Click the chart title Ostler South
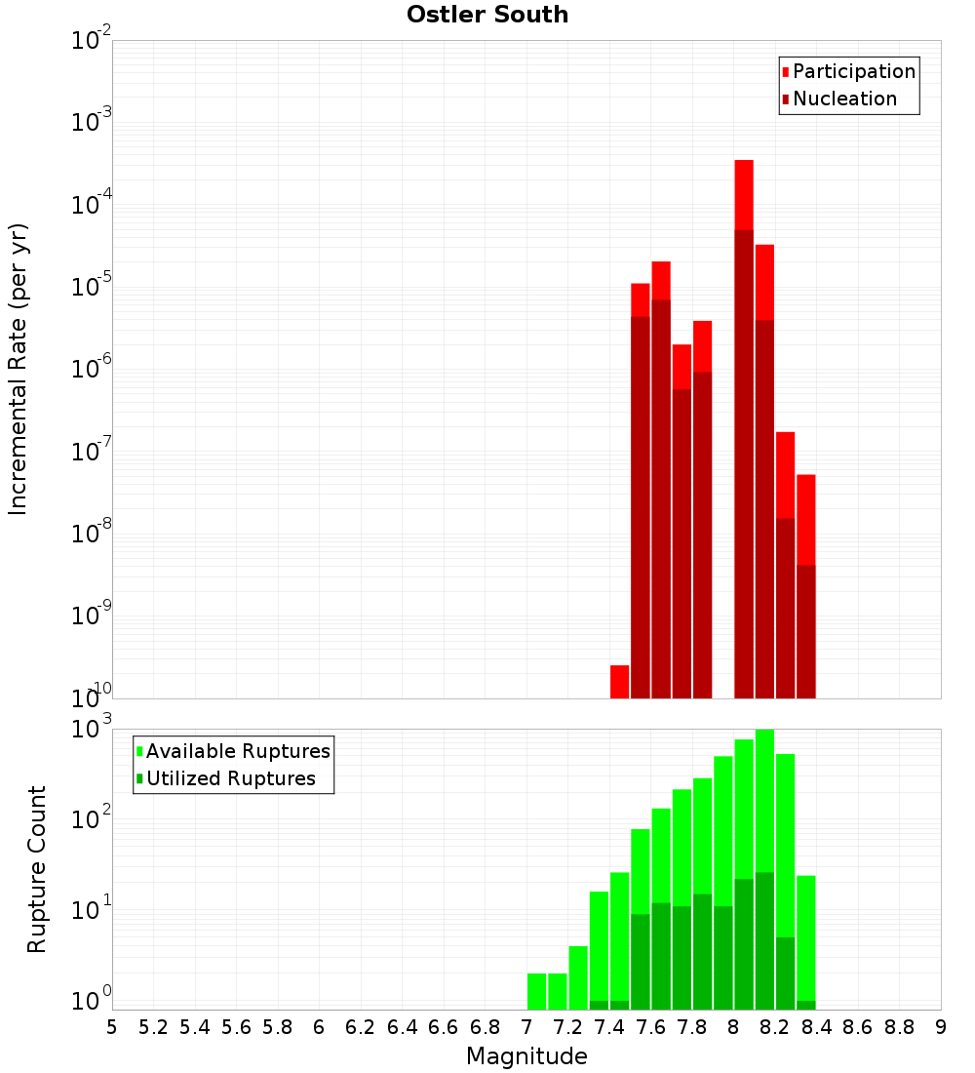487,15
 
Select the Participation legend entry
853,72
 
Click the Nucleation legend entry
843,99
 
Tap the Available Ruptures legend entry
237,752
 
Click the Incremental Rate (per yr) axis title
19,369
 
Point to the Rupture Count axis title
36,868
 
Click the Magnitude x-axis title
526,1056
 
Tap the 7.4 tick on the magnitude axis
609,1027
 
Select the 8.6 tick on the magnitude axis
858,1027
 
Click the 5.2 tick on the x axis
153,1027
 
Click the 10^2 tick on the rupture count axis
93,819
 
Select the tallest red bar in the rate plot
744,195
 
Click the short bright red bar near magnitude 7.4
619,681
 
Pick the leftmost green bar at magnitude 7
536,990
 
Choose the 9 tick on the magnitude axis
941,1027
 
